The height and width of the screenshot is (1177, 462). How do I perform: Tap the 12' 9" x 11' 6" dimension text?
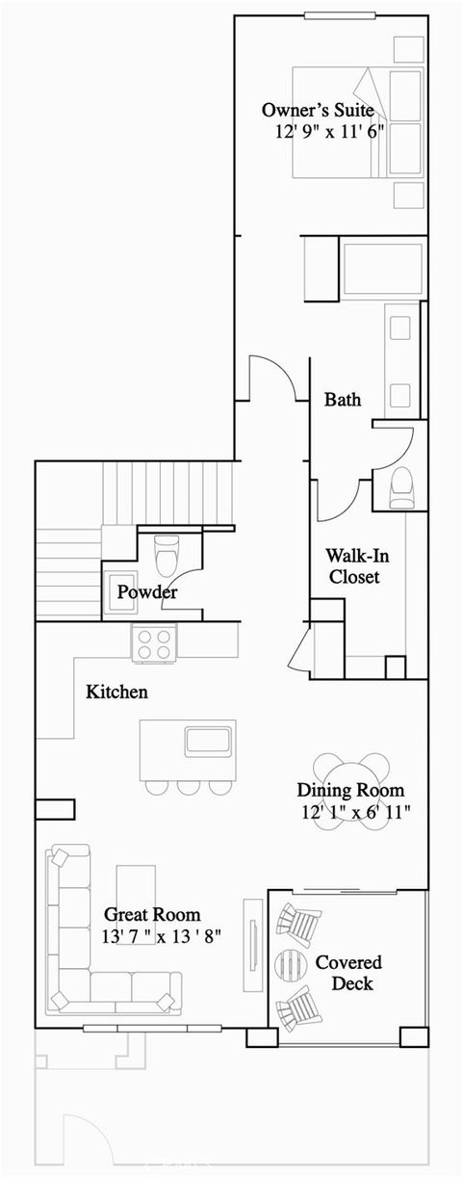click(328, 131)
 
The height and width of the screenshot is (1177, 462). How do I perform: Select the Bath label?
click(343, 399)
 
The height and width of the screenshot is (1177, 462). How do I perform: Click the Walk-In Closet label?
click(353, 566)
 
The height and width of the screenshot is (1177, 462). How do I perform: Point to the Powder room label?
click(146, 592)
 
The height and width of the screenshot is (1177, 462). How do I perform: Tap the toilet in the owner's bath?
click(400, 488)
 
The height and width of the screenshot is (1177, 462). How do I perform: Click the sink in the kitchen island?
click(207, 740)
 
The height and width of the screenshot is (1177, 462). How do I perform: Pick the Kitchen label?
click(116, 692)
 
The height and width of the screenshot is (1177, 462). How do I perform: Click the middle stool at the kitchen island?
click(188, 787)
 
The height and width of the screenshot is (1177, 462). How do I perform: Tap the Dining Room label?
click(350, 791)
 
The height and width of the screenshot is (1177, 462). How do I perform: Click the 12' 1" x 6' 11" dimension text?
click(355, 812)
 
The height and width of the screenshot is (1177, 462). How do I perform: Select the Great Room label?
click(152, 914)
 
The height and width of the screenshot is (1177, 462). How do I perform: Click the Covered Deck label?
click(348, 973)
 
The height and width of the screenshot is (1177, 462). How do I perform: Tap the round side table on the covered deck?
click(291, 965)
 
